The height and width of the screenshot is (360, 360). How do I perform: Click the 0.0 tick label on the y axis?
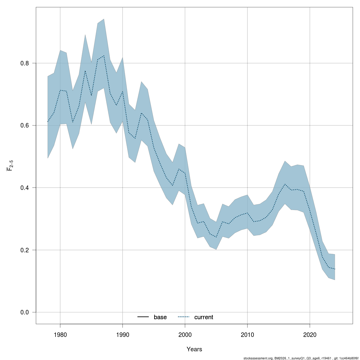click(x=25, y=312)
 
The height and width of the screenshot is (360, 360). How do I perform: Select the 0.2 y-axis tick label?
click(x=25, y=250)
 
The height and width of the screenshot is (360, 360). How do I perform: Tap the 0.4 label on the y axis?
click(x=25, y=187)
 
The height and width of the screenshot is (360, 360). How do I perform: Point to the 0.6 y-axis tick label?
click(x=25, y=125)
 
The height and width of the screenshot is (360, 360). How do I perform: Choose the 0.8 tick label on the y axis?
click(x=25, y=63)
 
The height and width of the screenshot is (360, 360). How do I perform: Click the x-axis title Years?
click(x=194, y=349)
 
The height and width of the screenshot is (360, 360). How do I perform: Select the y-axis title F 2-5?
click(x=10, y=165)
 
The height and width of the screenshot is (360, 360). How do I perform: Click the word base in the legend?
click(x=160, y=317)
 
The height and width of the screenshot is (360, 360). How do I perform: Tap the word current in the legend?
click(x=204, y=317)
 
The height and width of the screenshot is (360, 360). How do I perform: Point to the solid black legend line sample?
click(x=143, y=317)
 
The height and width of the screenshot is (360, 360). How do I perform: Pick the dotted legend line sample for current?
click(x=184, y=317)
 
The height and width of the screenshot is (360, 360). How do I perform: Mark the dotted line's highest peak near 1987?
click(x=104, y=55)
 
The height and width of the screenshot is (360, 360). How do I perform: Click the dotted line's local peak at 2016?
click(x=285, y=184)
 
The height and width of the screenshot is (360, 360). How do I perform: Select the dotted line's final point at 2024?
click(x=334, y=269)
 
